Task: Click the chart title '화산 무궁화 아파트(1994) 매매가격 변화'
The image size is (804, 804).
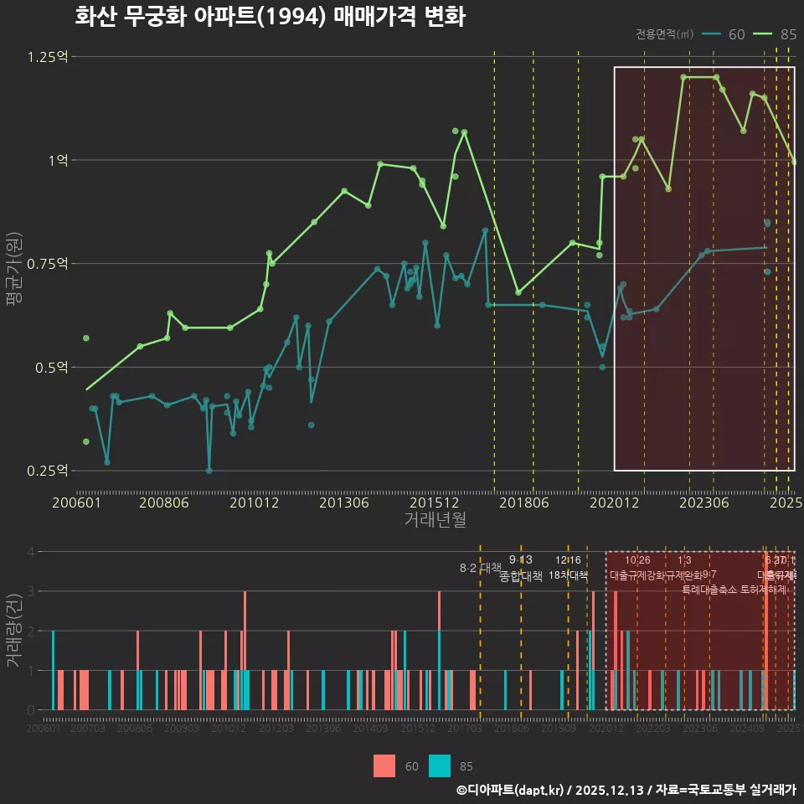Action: (270, 17)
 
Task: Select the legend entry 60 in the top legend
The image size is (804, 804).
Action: (736, 34)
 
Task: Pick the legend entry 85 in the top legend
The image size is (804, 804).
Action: (787, 34)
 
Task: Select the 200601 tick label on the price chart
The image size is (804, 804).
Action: (77, 502)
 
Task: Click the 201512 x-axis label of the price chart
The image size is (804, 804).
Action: (437, 502)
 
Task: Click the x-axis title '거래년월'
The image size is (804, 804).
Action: (435, 520)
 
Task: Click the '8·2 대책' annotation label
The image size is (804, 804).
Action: (480, 568)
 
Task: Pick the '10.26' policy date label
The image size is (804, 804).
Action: (637, 560)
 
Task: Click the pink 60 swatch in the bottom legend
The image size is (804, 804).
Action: (384, 765)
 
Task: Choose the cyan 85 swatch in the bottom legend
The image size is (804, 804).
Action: (439, 765)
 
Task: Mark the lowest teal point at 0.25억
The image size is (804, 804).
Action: (209, 471)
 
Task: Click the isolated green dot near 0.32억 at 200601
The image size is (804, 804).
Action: (85, 441)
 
